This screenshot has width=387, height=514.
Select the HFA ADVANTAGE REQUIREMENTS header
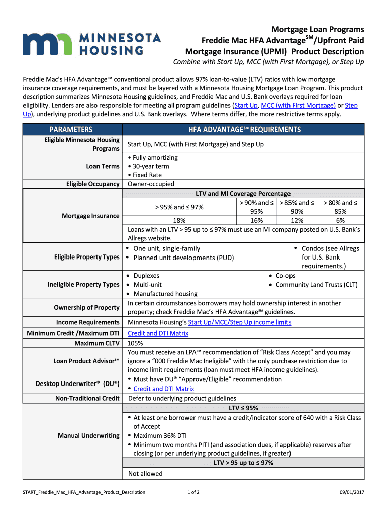244,130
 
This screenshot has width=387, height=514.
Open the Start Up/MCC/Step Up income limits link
239,322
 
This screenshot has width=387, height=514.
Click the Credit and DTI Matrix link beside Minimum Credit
158,333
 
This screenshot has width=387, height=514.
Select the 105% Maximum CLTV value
135,343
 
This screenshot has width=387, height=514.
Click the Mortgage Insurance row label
90,216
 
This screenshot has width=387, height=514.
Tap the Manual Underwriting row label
88,435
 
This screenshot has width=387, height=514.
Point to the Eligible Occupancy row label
92,184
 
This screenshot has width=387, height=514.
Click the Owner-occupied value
151,184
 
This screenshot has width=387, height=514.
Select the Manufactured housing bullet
165,294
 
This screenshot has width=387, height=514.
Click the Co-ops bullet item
285,276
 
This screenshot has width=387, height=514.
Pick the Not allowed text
145,473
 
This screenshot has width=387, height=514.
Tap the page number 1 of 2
193,492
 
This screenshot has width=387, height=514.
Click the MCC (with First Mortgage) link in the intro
298,105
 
